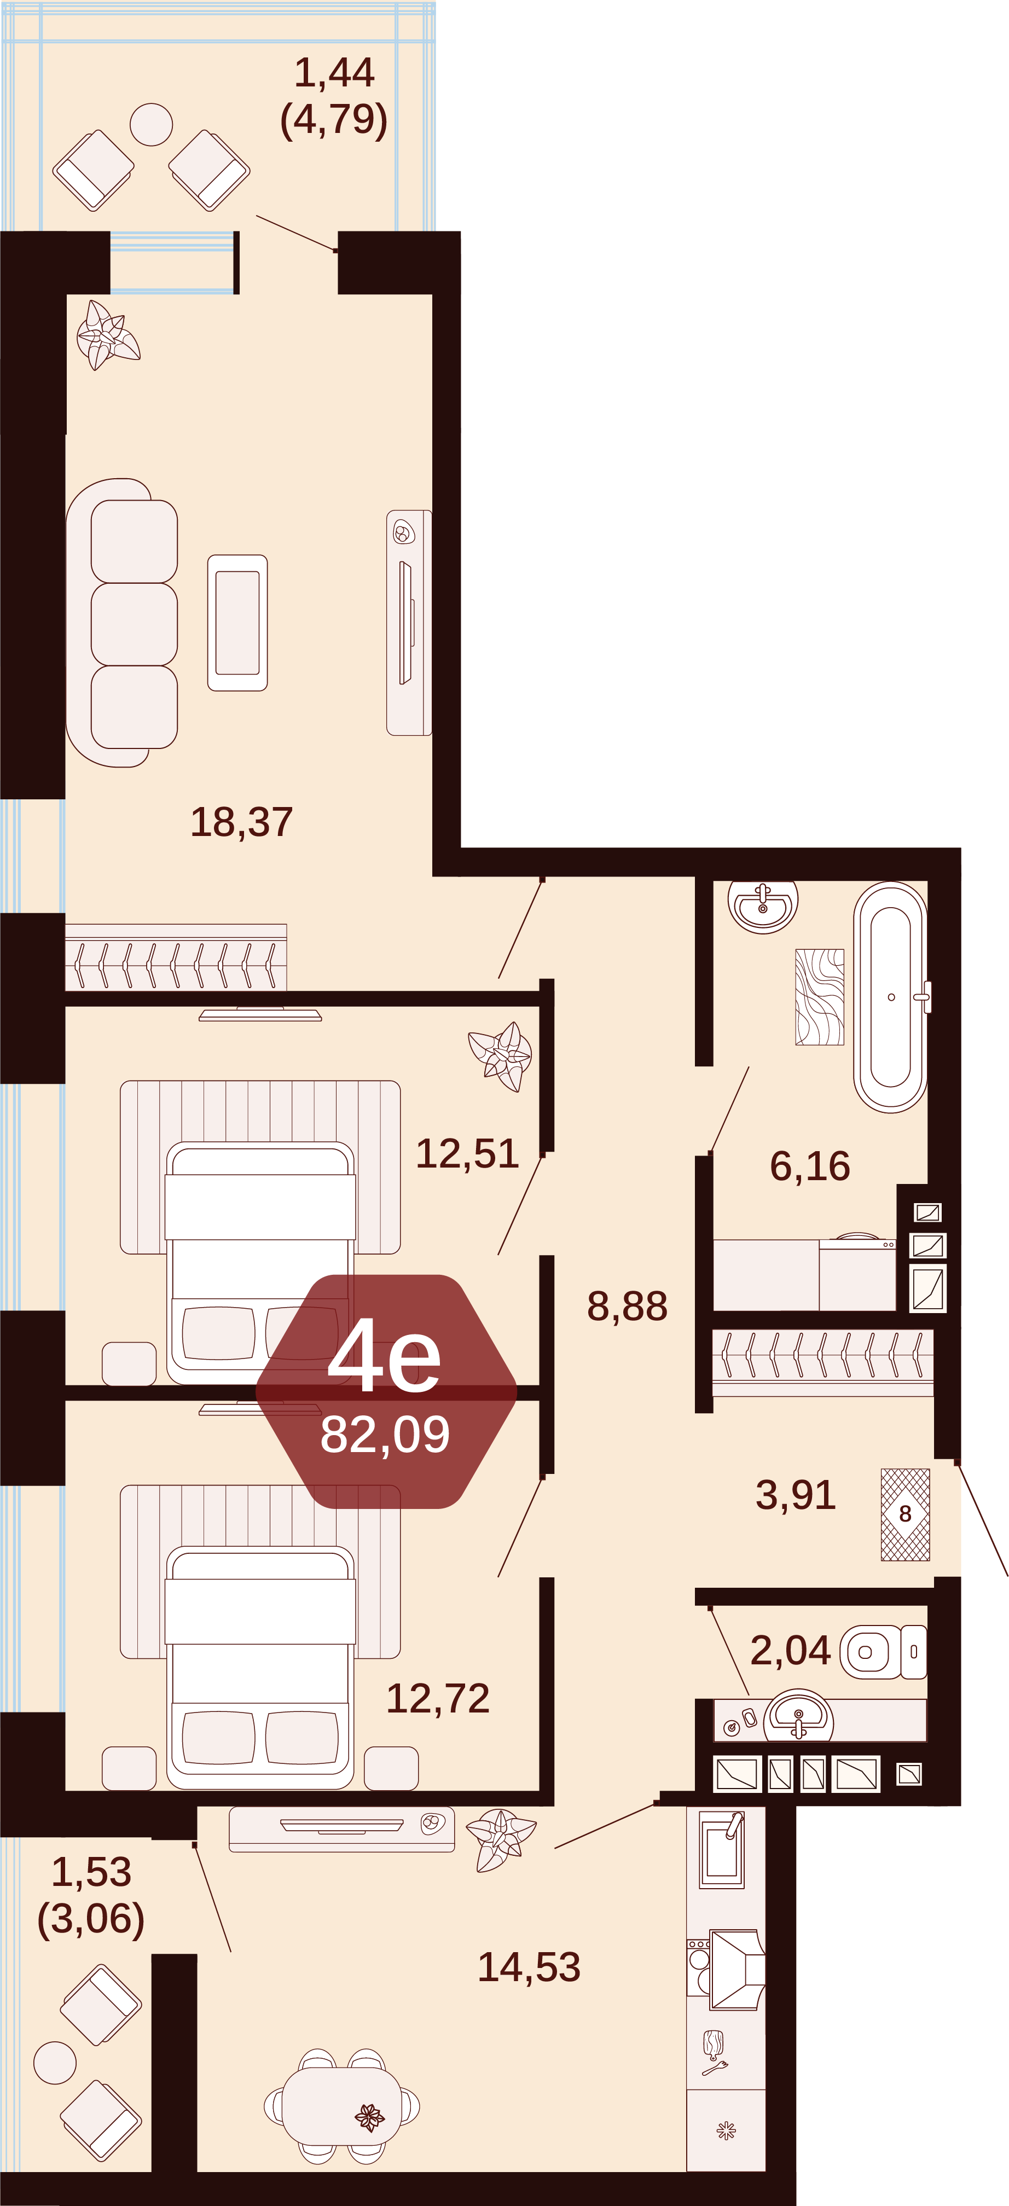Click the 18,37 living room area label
pos(241,822)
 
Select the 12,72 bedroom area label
pos(438,1698)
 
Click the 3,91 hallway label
pos(795,1495)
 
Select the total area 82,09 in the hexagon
pos(385,1435)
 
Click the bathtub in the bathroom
pos(891,997)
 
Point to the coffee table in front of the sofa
pos(237,623)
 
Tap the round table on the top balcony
pos(152,124)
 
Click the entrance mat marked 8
pos(906,1514)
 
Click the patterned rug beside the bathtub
pos(820,997)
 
